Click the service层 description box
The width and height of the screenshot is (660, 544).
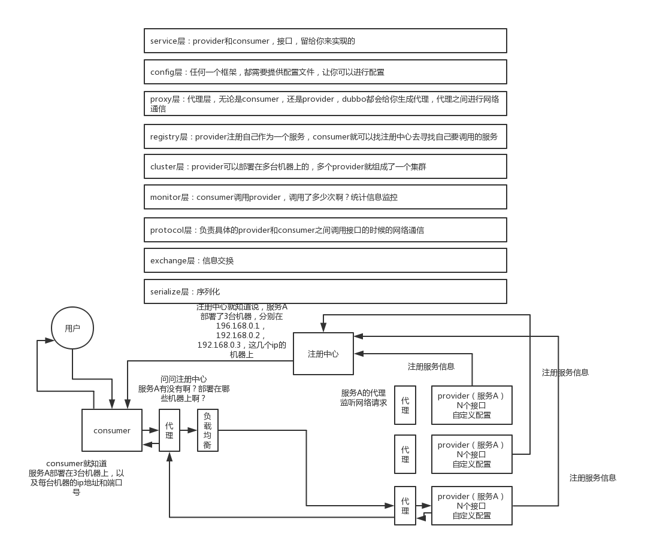coord(325,41)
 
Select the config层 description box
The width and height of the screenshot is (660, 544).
coord(325,72)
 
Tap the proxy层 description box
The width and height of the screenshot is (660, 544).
coord(325,104)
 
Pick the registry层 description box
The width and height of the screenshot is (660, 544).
coord(325,136)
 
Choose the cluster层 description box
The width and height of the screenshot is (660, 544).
coord(325,166)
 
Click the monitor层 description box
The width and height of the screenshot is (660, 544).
coord(325,197)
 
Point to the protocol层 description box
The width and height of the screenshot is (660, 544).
coord(325,230)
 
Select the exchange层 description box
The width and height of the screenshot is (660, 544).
coord(325,260)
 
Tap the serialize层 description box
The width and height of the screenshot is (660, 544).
coord(325,291)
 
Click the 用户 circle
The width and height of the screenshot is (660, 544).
coord(72,328)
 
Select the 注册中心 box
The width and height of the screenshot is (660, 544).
coord(323,354)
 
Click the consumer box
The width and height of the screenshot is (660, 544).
coord(112,430)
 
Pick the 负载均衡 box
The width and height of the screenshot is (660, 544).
coord(208,430)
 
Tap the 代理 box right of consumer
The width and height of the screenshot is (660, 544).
coord(169,430)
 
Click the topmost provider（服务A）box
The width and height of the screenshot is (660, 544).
coord(471,405)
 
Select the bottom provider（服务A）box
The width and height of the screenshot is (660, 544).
coord(471,506)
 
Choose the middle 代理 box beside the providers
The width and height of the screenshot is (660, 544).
coord(405,454)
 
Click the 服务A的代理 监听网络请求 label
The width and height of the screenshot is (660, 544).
coord(364,397)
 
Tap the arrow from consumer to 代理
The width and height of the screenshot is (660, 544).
coord(150,430)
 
